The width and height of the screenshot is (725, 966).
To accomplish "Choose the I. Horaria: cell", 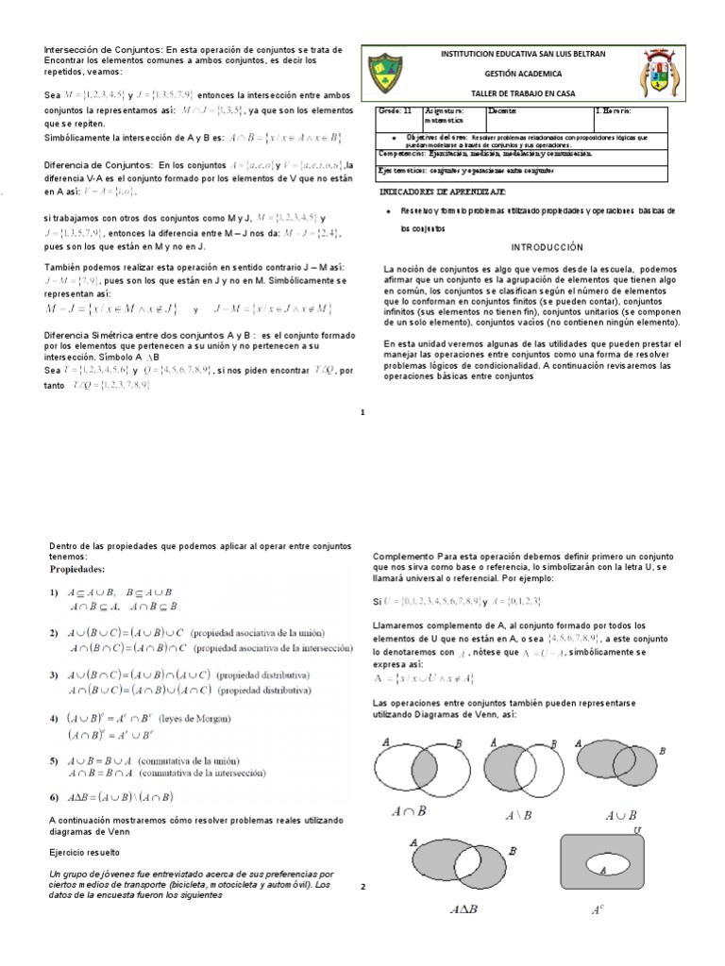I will (617, 111).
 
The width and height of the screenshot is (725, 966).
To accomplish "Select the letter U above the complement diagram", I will (638, 829).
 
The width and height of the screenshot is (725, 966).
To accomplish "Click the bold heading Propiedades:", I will (78, 570).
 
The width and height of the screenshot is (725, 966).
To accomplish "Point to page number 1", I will (362, 411).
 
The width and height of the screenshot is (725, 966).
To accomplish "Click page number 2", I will (362, 887).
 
